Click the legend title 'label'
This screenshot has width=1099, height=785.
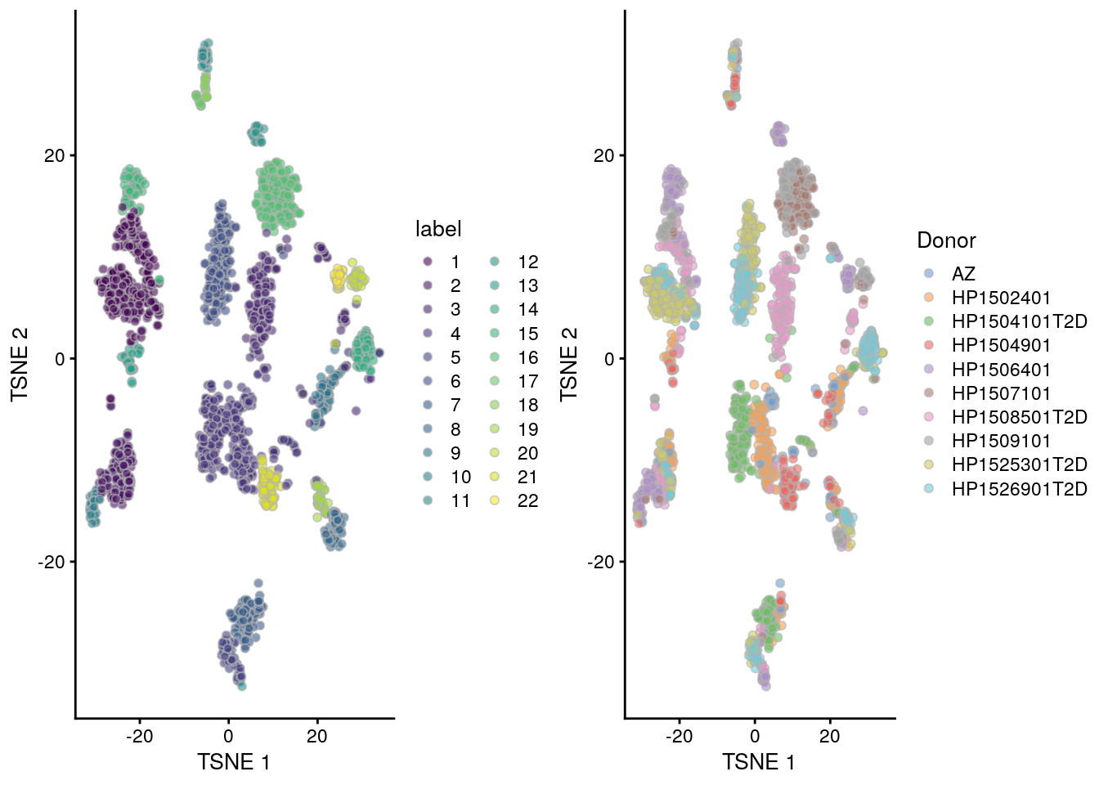(x=438, y=230)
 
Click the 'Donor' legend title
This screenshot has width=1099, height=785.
(x=946, y=240)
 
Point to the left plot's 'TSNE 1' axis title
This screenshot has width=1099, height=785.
(x=234, y=762)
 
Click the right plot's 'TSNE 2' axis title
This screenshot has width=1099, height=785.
(x=569, y=365)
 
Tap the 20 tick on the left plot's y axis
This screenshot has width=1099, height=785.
(x=54, y=155)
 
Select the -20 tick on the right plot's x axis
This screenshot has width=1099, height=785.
(x=679, y=736)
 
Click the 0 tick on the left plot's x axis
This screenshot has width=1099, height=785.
(x=228, y=736)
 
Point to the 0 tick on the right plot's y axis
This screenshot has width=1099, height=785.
(x=608, y=358)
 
